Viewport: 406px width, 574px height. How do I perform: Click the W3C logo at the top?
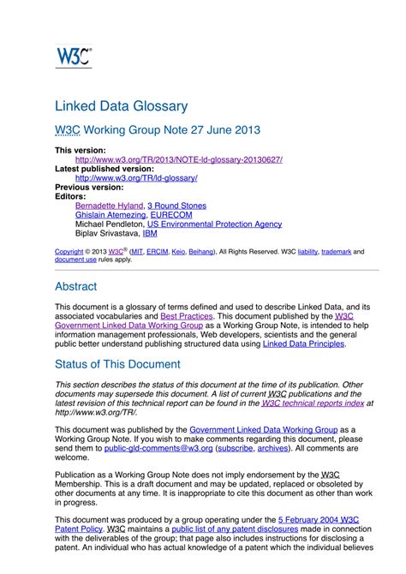[x=74, y=56]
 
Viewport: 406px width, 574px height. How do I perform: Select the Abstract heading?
[x=75, y=286]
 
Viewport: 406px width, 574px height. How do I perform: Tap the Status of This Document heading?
[x=116, y=363]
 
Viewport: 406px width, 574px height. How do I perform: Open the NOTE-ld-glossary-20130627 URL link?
[x=178, y=159]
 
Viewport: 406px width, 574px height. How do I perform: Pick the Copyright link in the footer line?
[x=69, y=253]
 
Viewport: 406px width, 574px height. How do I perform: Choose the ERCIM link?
[x=157, y=253]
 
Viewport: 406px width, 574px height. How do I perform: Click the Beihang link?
[x=201, y=253]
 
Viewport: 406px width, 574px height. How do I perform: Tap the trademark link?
[x=337, y=253]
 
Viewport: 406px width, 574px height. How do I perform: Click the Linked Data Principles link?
[x=303, y=344]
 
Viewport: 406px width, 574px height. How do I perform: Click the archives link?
[x=273, y=447]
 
